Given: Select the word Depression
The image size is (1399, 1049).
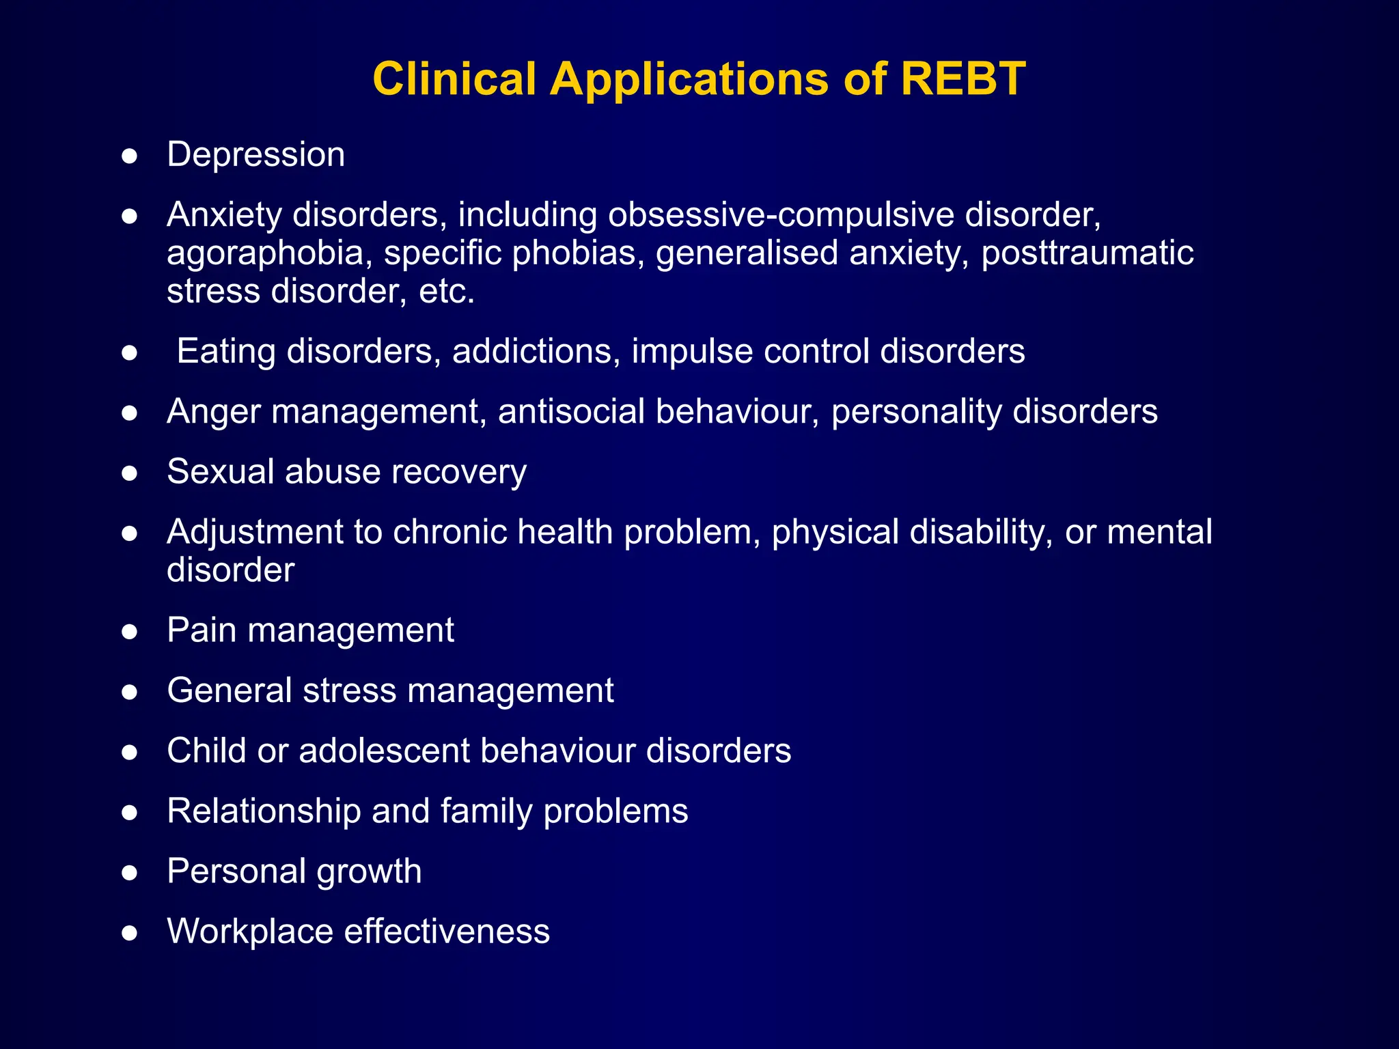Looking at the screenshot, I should coord(256,155).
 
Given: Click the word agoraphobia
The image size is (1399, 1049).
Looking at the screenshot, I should coord(265,254).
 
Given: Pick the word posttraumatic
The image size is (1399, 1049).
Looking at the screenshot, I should coord(1087,253).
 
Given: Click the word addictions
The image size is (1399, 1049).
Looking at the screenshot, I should coord(536,352).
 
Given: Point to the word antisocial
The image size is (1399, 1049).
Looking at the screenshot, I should coord(571,412).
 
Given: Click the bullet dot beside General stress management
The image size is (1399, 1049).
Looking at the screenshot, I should coord(130,693).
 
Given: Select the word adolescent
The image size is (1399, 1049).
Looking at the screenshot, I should coord(384,751).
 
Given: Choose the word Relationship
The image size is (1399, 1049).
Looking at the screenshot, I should coord(264,812).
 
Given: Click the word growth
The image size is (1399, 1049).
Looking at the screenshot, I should coord(369,872).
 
